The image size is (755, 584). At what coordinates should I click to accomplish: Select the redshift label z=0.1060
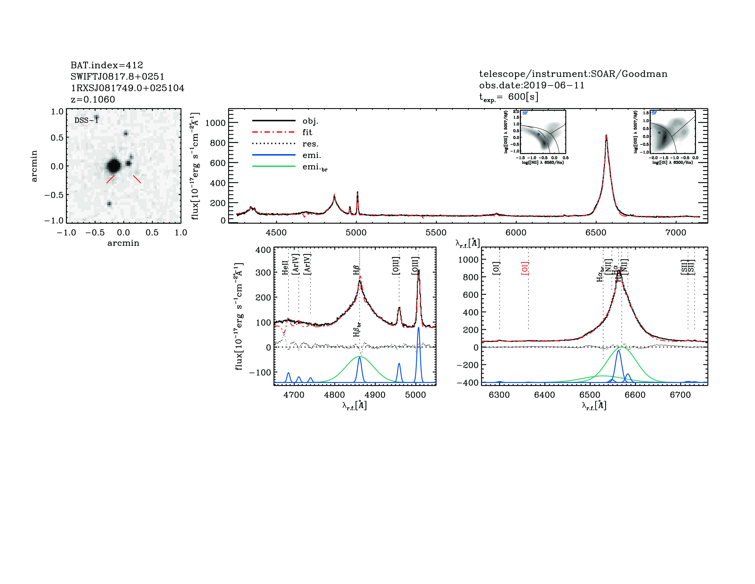tap(93, 99)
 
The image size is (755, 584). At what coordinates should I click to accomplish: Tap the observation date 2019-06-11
tap(553, 85)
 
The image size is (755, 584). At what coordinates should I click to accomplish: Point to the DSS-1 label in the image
tap(86, 120)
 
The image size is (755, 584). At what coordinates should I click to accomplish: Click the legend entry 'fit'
tap(307, 132)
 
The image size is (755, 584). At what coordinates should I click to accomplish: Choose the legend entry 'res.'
tap(310, 144)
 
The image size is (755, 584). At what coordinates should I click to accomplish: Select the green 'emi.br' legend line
tap(274, 166)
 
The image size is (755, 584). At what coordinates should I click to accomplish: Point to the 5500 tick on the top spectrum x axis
tap(436, 232)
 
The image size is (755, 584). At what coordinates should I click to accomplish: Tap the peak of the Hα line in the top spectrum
tap(606, 136)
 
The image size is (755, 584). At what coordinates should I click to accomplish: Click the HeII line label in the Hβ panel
tap(285, 268)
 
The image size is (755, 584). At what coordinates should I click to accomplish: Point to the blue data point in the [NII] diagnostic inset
tap(538, 134)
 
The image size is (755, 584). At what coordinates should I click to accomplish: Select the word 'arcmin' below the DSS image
tap(123, 243)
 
